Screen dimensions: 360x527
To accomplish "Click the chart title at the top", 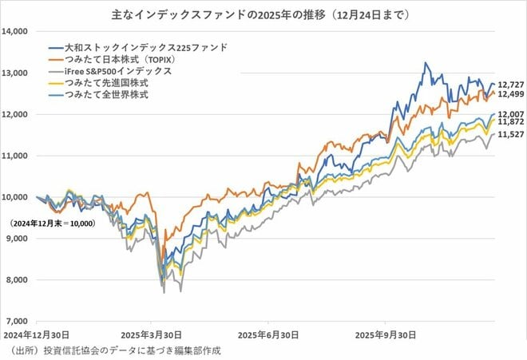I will pyautogui.click(x=263, y=14).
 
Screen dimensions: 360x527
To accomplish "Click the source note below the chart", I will pyautogui.click(x=112, y=350).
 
